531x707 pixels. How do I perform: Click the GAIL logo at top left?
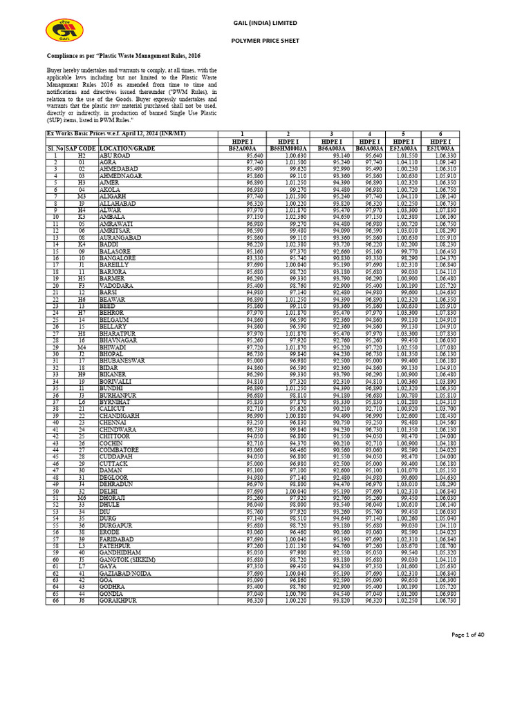pyautogui.click(x=64, y=32)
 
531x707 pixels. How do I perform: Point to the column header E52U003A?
pyautogui.click(x=440, y=147)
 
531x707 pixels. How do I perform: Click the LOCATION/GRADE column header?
pyautogui.click(x=127, y=147)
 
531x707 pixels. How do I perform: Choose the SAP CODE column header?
pyautogui.click(x=81, y=147)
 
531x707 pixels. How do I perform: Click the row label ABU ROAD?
pyautogui.click(x=115, y=156)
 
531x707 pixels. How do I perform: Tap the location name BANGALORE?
pyautogui.click(x=118, y=258)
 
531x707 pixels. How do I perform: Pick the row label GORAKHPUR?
pyautogui.click(x=118, y=601)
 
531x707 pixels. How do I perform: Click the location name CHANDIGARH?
pyautogui.click(x=120, y=416)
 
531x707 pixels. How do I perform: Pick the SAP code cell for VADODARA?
pyautogui.click(x=81, y=285)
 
